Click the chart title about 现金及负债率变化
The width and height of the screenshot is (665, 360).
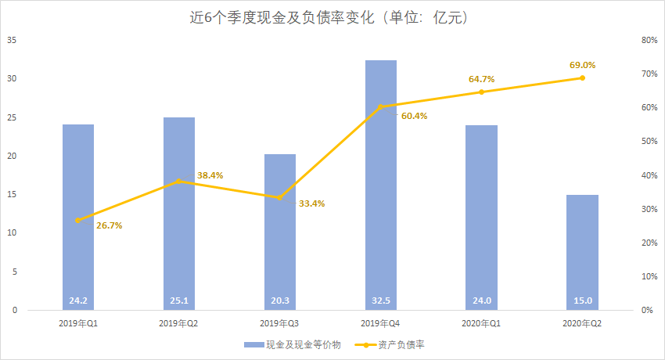(332, 16)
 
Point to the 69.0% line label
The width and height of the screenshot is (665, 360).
(581, 65)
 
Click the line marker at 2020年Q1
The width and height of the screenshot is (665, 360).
(481, 92)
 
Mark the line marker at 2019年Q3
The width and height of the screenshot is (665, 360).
(280, 197)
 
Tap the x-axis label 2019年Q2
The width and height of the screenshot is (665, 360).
(179, 322)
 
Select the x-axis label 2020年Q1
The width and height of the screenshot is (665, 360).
(481, 322)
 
